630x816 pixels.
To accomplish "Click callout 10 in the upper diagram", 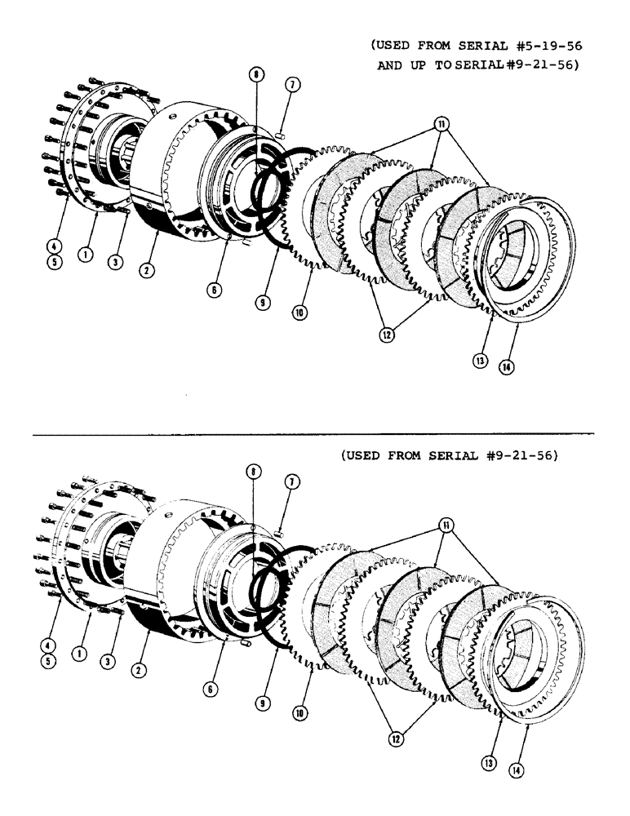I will click(x=300, y=313).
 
